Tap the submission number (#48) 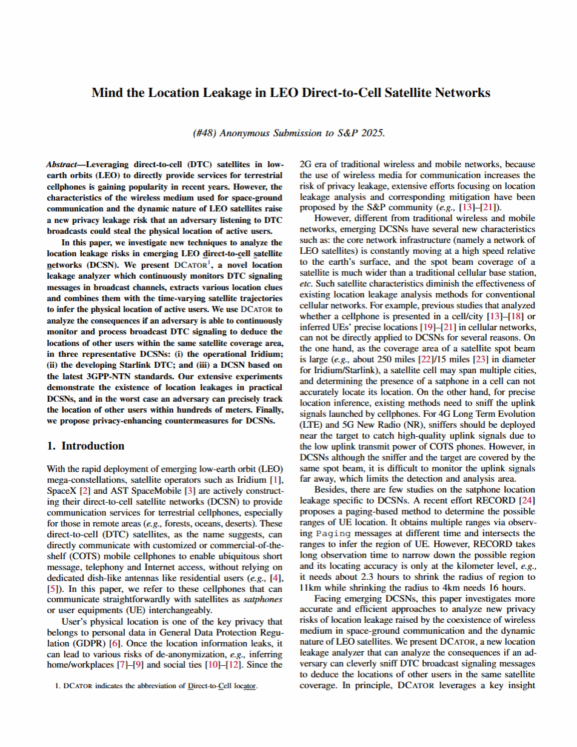pyautogui.click(x=204, y=133)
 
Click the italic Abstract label pyautogui.click(x=62, y=165)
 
